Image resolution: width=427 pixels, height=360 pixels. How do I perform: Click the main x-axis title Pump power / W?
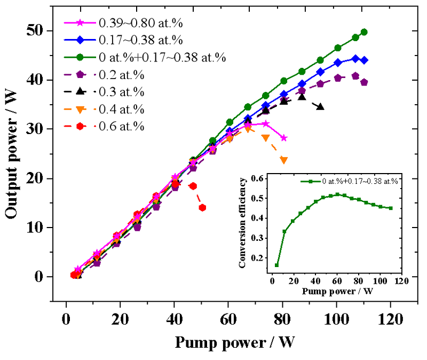pyautogui.click(x=234, y=342)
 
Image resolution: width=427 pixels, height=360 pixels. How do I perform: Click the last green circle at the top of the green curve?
pyautogui.click(x=364, y=32)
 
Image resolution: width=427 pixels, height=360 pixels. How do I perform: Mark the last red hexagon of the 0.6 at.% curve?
pyautogui.click(x=202, y=208)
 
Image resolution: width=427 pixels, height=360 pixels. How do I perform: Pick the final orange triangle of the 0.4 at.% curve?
pyautogui.click(x=283, y=160)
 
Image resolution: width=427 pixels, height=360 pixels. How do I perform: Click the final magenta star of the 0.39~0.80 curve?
pyautogui.click(x=284, y=138)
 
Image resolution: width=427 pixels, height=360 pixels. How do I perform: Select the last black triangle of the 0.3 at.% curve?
pyautogui.click(x=320, y=107)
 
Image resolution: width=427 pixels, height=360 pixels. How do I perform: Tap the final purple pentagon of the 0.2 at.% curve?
pyautogui.click(x=364, y=82)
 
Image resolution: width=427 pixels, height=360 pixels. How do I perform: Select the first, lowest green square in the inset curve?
pyautogui.click(x=276, y=265)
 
